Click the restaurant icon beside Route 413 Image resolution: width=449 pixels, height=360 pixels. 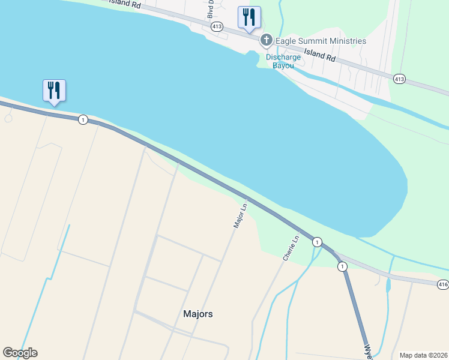point(249,17)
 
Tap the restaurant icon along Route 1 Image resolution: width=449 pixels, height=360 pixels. point(54,91)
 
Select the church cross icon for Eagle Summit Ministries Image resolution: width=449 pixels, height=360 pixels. point(267,41)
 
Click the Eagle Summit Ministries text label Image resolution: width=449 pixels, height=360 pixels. point(321,41)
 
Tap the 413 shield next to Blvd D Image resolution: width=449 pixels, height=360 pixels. point(217,26)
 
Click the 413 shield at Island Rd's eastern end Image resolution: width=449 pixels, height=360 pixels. point(399,79)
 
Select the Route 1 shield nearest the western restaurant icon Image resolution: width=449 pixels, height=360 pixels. point(83,119)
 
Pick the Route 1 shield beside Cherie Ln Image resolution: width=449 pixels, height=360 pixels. point(316,241)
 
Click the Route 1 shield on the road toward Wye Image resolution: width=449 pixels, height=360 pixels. point(342,266)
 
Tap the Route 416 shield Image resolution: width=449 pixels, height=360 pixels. point(443,284)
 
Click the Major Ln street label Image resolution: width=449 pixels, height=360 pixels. point(240,215)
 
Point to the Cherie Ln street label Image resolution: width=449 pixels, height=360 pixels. point(291,247)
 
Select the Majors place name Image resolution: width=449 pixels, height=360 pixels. point(197,314)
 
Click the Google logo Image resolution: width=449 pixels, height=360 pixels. point(20,353)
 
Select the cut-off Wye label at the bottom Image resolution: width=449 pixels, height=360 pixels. point(368,352)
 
